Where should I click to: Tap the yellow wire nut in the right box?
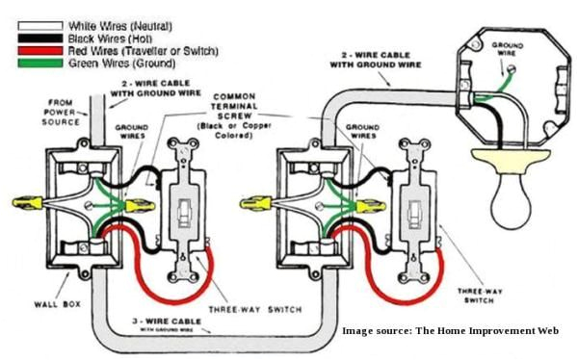pyautogui.click(x=254, y=203)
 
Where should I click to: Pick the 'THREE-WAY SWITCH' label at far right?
pyautogui.click(x=482, y=294)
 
